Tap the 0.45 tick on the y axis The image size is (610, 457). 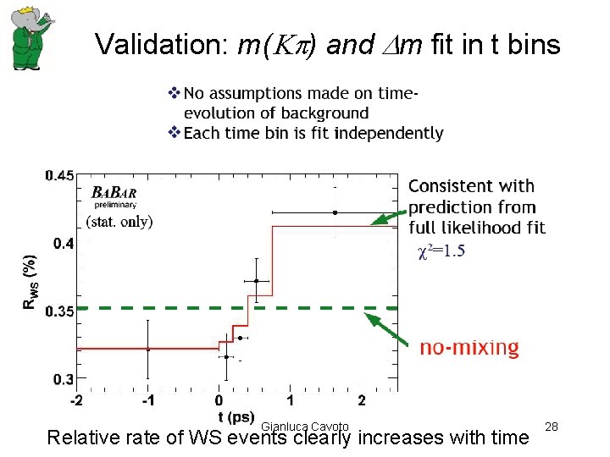pyautogui.click(x=59, y=175)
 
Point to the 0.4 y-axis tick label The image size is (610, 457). pyautogui.click(x=64, y=244)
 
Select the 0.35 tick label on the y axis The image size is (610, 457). pyautogui.click(x=59, y=311)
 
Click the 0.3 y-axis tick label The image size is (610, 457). pyautogui.click(x=64, y=378)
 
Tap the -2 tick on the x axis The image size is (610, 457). pyautogui.click(x=76, y=399)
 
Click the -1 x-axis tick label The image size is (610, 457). pyautogui.click(x=147, y=399)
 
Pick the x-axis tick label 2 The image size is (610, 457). pyautogui.click(x=362, y=399)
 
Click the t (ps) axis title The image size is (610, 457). pyautogui.click(x=236, y=417)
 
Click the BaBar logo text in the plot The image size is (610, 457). pyautogui.click(x=113, y=192)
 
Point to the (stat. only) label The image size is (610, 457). pyautogui.click(x=119, y=223)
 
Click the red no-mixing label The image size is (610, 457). pyautogui.click(x=469, y=348)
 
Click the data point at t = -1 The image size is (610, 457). pyautogui.click(x=148, y=349)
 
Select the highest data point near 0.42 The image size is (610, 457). pyautogui.click(x=335, y=212)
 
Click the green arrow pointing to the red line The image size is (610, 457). pyautogui.click(x=391, y=221)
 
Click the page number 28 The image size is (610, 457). pyautogui.click(x=552, y=427)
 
